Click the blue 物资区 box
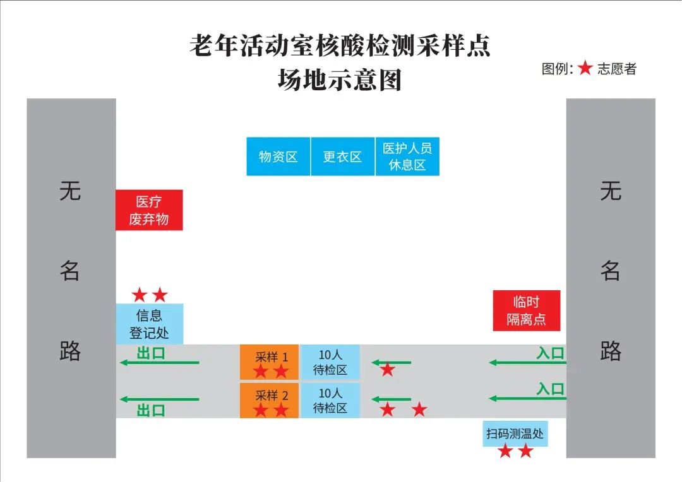coord(278,156)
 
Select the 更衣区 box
coord(342,156)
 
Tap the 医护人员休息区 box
coord(407,156)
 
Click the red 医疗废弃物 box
coord(149,210)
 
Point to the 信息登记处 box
coord(150,324)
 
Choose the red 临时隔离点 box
coord(526,310)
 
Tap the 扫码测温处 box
coord(515,433)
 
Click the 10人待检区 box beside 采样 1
coord(330,363)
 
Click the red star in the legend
coord(585,69)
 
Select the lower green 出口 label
coord(151,411)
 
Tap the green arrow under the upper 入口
coord(527,363)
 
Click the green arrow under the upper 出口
coord(159,363)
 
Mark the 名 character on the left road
coord(70,271)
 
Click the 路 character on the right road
coord(611,351)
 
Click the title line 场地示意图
coord(340,81)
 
